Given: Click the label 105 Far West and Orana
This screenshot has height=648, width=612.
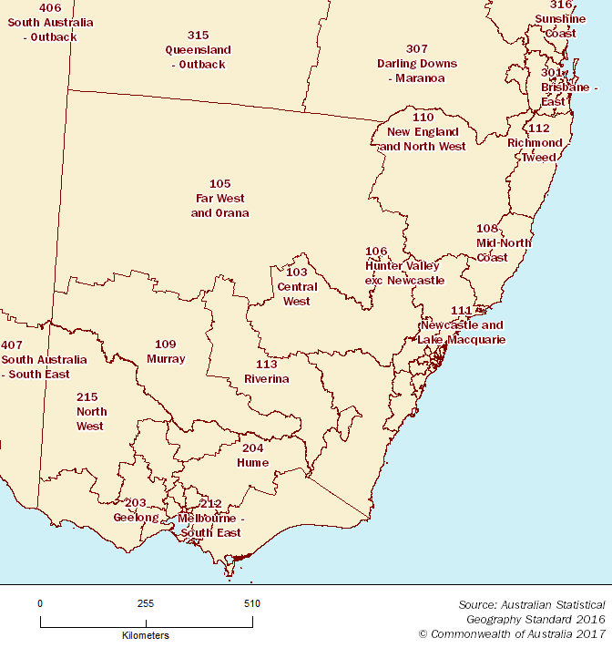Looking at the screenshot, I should point(219,199).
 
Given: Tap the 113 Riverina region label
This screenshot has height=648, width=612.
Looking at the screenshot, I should point(266,372).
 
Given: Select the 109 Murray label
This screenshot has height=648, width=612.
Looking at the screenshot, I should point(166,352).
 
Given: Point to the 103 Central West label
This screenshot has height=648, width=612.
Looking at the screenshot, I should point(296,287).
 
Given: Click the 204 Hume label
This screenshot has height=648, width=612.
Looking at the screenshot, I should point(255,456).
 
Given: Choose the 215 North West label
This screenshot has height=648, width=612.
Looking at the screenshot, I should point(91,412).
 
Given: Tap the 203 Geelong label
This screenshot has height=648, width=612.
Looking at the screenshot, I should point(136,510).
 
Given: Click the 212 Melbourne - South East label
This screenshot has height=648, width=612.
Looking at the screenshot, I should point(211,519).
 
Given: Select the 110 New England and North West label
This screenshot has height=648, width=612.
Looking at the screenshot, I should point(423,132).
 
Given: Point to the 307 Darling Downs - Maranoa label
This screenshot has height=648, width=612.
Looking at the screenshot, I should point(417,64).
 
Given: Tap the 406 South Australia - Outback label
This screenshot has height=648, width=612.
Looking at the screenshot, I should point(51,23).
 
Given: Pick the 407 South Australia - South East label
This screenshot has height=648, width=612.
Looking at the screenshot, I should point(44,360).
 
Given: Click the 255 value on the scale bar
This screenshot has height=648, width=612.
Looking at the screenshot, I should point(146,603).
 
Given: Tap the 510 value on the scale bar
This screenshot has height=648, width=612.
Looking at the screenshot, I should point(252,603).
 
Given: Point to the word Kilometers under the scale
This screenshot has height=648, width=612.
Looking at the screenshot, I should point(145,635).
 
